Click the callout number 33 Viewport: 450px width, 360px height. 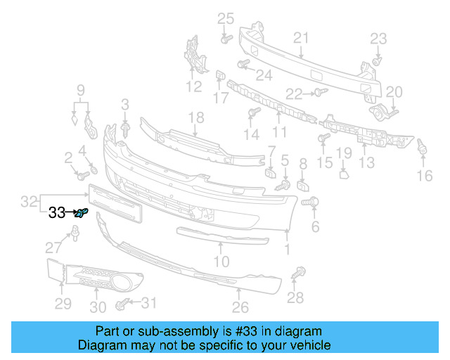(x=56, y=212)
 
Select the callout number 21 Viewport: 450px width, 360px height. (x=301, y=38)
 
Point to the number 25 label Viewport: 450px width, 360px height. (x=225, y=18)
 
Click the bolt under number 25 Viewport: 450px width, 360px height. (x=225, y=39)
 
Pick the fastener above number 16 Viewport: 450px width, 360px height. (x=423, y=148)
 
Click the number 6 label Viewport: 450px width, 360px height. (x=315, y=226)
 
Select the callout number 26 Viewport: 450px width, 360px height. (x=240, y=307)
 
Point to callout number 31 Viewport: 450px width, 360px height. (x=148, y=303)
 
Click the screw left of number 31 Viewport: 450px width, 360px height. (x=122, y=304)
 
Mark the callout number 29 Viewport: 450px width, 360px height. (x=63, y=303)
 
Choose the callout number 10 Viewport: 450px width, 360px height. (x=221, y=262)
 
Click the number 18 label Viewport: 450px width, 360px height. (x=195, y=117)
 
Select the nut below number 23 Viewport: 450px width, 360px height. (x=376, y=62)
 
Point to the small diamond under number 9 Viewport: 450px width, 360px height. (x=75, y=119)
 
